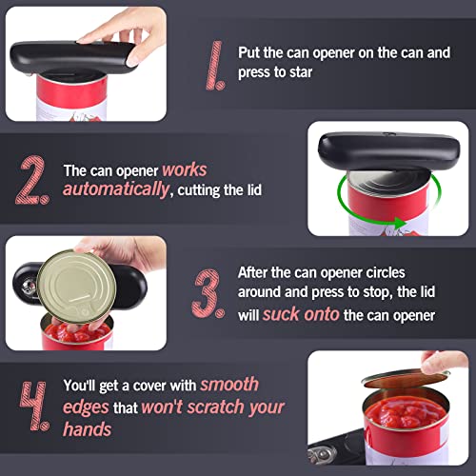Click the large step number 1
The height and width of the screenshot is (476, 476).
click(x=215, y=66)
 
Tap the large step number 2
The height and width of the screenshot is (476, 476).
click(x=32, y=180)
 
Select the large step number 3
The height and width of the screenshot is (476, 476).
click(x=208, y=294)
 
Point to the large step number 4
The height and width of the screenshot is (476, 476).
click(x=34, y=407)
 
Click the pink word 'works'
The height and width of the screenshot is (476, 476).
click(x=185, y=170)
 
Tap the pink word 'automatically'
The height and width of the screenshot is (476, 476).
click(x=116, y=189)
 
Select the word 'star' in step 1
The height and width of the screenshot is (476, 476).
click(x=301, y=72)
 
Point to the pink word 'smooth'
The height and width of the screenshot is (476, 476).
click(x=229, y=385)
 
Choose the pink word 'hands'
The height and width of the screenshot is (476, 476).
click(x=88, y=429)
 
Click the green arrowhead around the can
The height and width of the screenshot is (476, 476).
click(x=399, y=223)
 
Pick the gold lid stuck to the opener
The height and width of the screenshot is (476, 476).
click(x=76, y=287)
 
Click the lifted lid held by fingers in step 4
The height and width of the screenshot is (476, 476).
click(x=405, y=378)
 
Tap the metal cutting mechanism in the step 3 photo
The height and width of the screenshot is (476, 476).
click(x=28, y=286)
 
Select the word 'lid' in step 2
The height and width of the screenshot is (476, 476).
click(x=254, y=189)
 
